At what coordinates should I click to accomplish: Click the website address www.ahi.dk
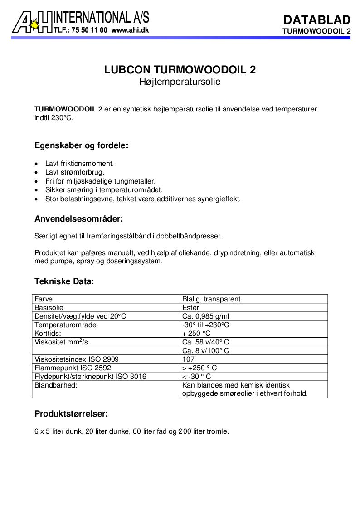click(x=130, y=30)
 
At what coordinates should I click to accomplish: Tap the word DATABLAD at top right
click(x=316, y=20)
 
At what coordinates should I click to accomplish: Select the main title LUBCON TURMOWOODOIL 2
click(x=180, y=70)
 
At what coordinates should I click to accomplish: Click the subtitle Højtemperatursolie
click(x=180, y=82)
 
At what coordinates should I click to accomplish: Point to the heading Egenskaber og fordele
click(x=82, y=146)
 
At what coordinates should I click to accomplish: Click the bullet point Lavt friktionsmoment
click(x=79, y=163)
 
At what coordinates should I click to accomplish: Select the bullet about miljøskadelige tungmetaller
click(x=100, y=180)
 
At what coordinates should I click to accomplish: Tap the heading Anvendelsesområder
click(x=79, y=219)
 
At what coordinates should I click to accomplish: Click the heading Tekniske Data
click(x=64, y=281)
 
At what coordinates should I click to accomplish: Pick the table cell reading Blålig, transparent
click(x=211, y=299)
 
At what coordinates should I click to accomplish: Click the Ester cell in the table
click(x=190, y=308)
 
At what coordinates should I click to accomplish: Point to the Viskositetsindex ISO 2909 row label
click(x=77, y=359)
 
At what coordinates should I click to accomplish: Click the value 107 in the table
click(x=188, y=359)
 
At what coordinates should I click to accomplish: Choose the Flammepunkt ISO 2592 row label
click(x=73, y=368)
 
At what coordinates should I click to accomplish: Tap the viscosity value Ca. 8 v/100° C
click(x=205, y=351)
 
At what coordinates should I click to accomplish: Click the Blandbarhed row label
click(x=56, y=385)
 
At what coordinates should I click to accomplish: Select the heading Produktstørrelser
click(x=71, y=414)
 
